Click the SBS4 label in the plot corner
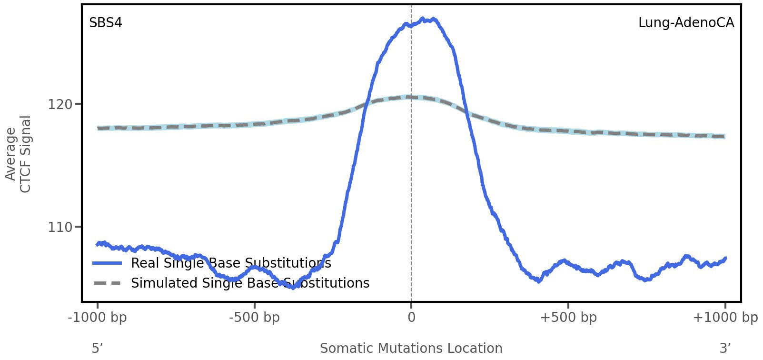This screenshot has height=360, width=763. coord(106,23)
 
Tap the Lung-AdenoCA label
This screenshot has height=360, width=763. coord(686,23)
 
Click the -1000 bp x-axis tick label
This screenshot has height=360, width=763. coord(98,318)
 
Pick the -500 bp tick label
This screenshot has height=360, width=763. coord(254,318)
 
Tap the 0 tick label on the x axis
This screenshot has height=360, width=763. coord(411,318)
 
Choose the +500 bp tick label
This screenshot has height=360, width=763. coord(568,318)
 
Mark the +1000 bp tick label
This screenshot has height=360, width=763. coord(725,318)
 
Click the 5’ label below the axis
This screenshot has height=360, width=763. coord(98,349)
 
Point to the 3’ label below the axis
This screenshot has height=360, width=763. coord(725,349)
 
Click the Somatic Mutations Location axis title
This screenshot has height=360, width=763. coord(411,349)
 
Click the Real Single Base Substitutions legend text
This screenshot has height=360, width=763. coord(231,263)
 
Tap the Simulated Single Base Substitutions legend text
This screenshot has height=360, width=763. coord(250,283)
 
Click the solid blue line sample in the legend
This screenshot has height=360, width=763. coord(108,263)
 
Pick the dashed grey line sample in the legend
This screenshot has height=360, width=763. coord(108,283)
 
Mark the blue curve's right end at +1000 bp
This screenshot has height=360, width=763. coord(725,259)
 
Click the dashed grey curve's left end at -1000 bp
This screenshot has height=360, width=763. coord(99,128)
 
